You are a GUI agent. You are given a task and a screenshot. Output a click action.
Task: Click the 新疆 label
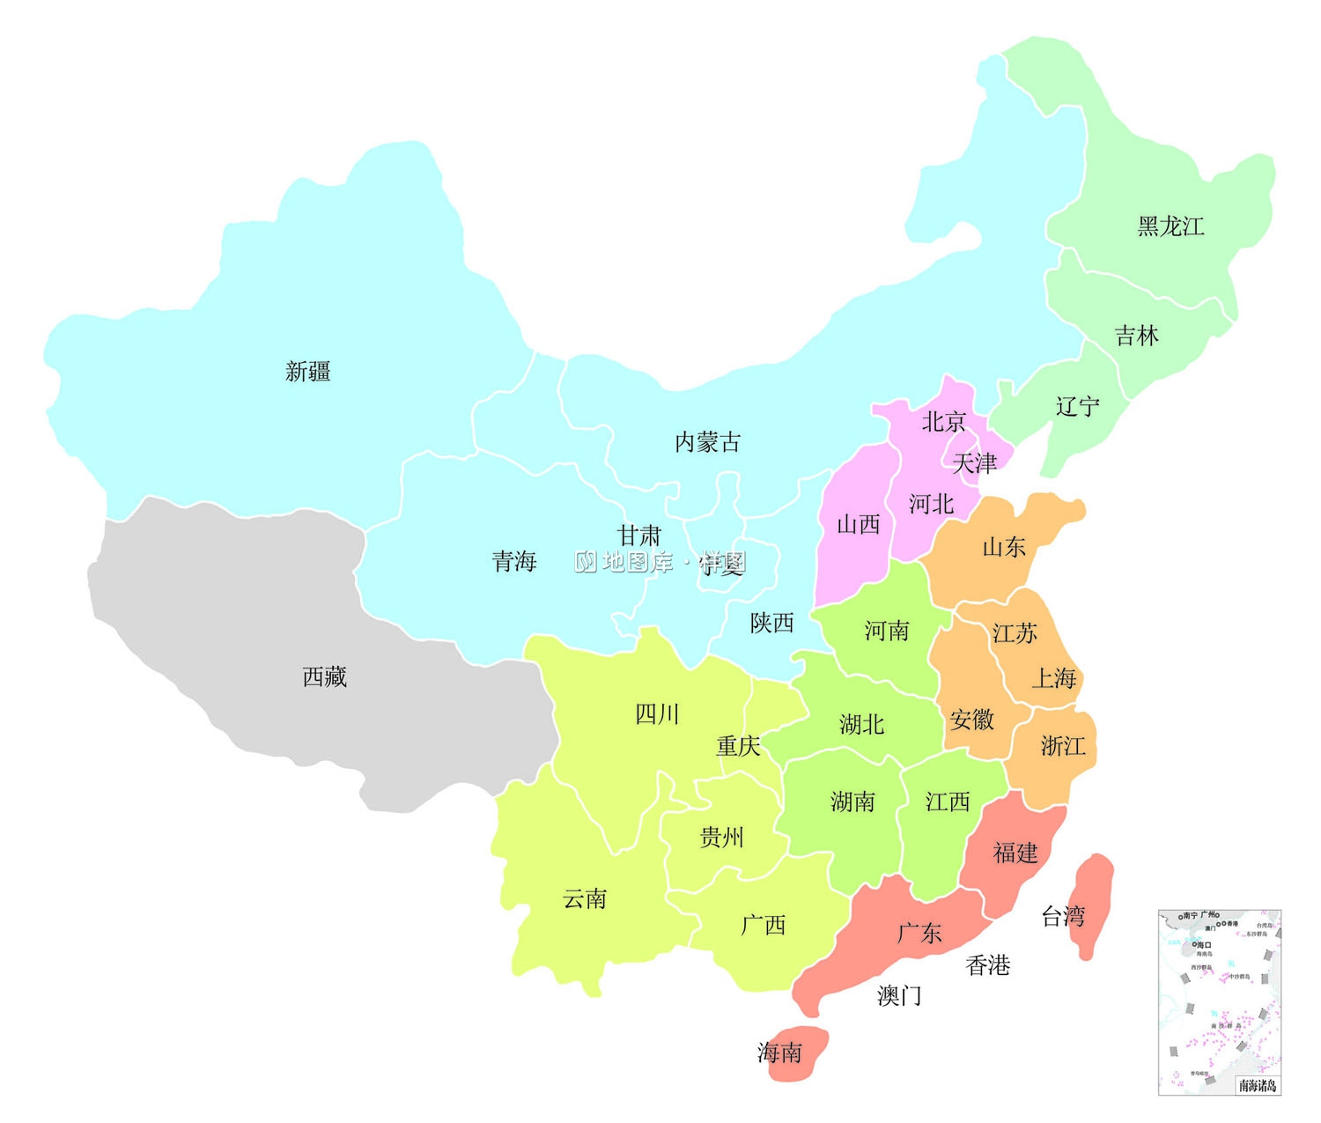point(307,372)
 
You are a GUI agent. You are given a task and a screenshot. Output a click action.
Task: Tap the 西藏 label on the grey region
point(324,676)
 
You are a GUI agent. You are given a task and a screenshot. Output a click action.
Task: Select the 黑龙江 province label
point(1170,226)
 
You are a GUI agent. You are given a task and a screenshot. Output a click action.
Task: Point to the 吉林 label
point(1136,336)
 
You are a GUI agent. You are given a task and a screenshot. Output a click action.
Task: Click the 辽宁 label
point(1077,407)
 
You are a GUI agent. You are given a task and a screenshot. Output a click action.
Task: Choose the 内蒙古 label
point(707,442)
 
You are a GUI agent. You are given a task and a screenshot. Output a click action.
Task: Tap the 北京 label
point(943,422)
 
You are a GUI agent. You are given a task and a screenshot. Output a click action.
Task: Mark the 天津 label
point(974,463)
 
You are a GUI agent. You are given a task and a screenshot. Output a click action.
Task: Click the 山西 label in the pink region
point(858,525)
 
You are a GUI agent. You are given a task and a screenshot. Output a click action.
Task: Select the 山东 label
point(1003,547)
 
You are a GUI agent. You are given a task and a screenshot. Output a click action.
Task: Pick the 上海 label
point(1053,678)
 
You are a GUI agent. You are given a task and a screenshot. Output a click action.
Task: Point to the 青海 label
point(513,561)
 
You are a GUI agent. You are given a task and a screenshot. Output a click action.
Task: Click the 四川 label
point(657,714)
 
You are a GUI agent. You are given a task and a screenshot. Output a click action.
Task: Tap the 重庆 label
point(737,747)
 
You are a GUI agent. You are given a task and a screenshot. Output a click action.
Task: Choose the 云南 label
point(585,899)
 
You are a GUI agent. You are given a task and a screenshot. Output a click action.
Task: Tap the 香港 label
point(987,966)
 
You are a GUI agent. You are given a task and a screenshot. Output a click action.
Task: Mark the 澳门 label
point(899,996)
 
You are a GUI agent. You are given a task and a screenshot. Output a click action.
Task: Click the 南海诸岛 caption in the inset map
point(1257,1086)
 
